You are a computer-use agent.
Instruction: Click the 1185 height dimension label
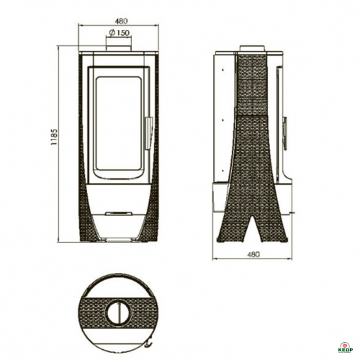tap(54, 137)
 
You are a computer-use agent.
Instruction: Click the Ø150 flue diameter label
tap(120, 33)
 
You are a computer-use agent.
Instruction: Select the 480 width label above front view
tap(121, 21)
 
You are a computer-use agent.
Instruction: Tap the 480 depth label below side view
tap(253, 254)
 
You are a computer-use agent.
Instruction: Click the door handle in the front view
tap(148, 132)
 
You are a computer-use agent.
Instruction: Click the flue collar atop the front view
tap(119, 48)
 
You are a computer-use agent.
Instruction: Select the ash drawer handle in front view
tap(119, 213)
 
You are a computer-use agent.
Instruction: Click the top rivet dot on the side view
tap(223, 70)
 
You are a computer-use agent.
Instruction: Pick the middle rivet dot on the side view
tap(223, 120)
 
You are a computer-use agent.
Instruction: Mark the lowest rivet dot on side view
tap(223, 171)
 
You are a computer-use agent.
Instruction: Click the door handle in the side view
tap(285, 132)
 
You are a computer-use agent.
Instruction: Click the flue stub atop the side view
tap(253, 48)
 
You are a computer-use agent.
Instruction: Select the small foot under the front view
tap(119, 240)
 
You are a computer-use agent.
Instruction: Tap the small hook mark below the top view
tap(149, 351)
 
